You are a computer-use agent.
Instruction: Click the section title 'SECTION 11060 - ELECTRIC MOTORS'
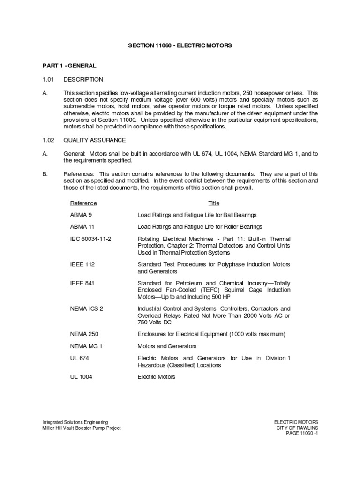pyautogui.click(x=180, y=45)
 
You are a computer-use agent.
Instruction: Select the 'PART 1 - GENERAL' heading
pyautogui.click(x=69, y=66)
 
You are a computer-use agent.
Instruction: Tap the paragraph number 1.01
pyautogui.click(x=49, y=79)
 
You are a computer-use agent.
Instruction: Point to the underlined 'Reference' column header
pyautogui.click(x=83, y=203)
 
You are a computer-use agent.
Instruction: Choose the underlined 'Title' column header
pyautogui.click(x=214, y=203)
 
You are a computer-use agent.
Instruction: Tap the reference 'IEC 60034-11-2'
pyautogui.click(x=91, y=239)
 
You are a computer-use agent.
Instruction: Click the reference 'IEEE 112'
pyautogui.click(x=82, y=264)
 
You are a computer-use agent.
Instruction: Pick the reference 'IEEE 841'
pyautogui.click(x=82, y=283)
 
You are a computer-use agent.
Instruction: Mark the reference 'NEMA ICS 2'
pyautogui.click(x=87, y=308)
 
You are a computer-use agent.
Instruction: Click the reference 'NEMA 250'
pyautogui.click(x=84, y=334)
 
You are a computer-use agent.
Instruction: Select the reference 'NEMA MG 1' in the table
pyautogui.click(x=86, y=346)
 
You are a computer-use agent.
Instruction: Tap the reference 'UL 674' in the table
pyautogui.click(x=80, y=358)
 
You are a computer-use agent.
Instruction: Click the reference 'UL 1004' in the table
pyautogui.click(x=81, y=377)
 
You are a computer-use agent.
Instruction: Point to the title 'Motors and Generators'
pyautogui.click(x=167, y=346)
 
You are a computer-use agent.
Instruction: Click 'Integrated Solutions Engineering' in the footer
pyautogui.click(x=75, y=422)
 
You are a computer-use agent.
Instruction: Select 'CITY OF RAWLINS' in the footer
pyautogui.click(x=297, y=427)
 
